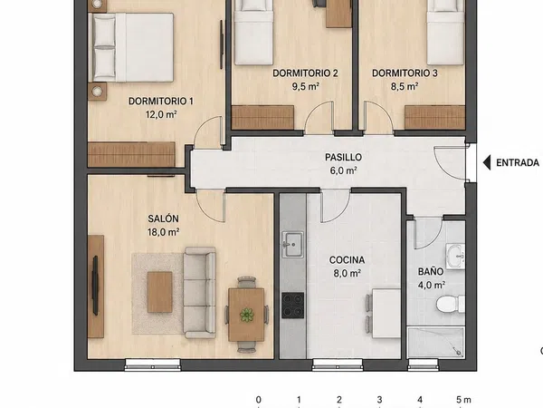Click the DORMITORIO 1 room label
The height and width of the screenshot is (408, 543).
161,102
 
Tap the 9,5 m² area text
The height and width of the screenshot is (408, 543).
305,86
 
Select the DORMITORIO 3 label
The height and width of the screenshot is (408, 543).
405,73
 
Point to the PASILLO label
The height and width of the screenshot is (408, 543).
343,157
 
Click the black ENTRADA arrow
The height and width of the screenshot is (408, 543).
487,162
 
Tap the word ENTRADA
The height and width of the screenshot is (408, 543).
518,162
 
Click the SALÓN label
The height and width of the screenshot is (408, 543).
164,219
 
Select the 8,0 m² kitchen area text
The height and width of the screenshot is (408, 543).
347,274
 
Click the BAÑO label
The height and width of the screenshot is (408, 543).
431,271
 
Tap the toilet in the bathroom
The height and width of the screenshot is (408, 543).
451,305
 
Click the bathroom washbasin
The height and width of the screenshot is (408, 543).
455,257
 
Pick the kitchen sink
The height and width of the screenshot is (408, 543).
292,245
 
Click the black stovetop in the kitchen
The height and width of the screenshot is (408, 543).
292,306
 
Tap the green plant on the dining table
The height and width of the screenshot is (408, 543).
246,315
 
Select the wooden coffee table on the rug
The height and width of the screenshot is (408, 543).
159,292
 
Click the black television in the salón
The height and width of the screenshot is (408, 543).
95,286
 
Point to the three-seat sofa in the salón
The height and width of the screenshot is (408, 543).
200,293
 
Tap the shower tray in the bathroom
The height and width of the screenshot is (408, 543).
435,342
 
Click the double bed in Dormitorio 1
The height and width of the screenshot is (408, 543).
131,47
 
